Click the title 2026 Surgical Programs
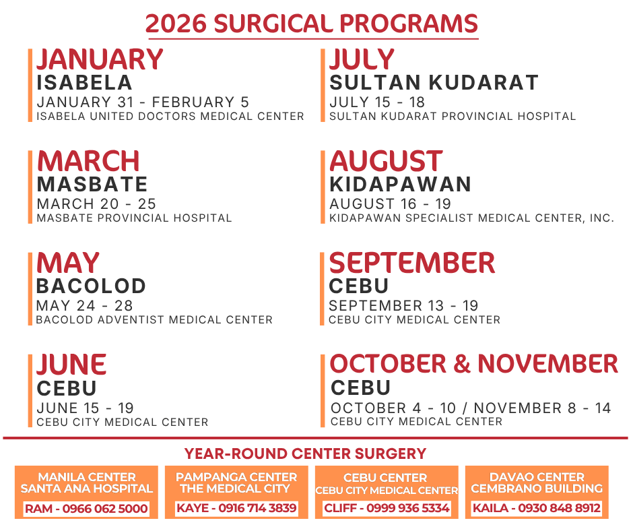coord(312,24)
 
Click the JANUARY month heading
coord(100,60)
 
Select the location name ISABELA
coord(84,83)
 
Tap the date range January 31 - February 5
coord(143,102)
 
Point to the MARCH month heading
coord(88,162)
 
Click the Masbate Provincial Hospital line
coord(134,218)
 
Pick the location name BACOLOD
coord(91,286)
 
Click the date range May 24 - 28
coord(85,306)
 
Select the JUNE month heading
coord(71,365)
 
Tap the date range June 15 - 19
coord(85,408)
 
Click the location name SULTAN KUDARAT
coord(434,83)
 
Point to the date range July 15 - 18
coord(377,102)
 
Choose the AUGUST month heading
coord(386,162)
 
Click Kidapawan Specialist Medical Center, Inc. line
coord(471,218)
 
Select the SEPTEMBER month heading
coord(412,263)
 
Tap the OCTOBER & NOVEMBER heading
coord(473,365)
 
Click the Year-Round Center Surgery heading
coord(305,454)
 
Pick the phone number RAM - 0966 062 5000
coord(86,509)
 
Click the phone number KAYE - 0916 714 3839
coord(236,509)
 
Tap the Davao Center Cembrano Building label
coord(536,482)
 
